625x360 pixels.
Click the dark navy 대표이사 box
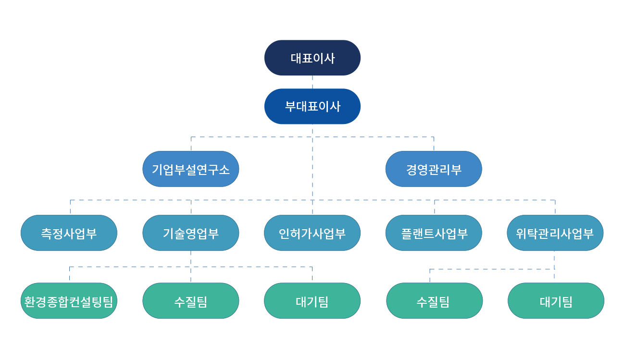312,58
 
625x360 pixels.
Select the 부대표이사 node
312,106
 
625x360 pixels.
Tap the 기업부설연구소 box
190,169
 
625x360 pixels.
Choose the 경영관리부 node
434,169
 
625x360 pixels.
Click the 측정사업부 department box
69,233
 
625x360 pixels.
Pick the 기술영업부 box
190,233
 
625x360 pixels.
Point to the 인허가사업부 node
312,233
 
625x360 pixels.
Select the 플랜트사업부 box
434,233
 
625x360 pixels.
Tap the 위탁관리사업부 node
555,233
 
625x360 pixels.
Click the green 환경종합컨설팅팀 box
69,300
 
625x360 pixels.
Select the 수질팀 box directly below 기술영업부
190,300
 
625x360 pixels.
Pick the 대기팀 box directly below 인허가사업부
312,300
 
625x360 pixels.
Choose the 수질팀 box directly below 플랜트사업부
435,300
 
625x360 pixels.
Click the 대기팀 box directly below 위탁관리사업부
556,300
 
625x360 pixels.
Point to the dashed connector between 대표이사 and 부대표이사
312,82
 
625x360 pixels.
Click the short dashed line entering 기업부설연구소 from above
191,144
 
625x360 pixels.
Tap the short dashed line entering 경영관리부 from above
434,144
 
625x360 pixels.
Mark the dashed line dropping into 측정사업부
70,207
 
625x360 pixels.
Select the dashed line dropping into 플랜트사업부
435,207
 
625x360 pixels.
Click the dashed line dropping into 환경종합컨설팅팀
70,274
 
